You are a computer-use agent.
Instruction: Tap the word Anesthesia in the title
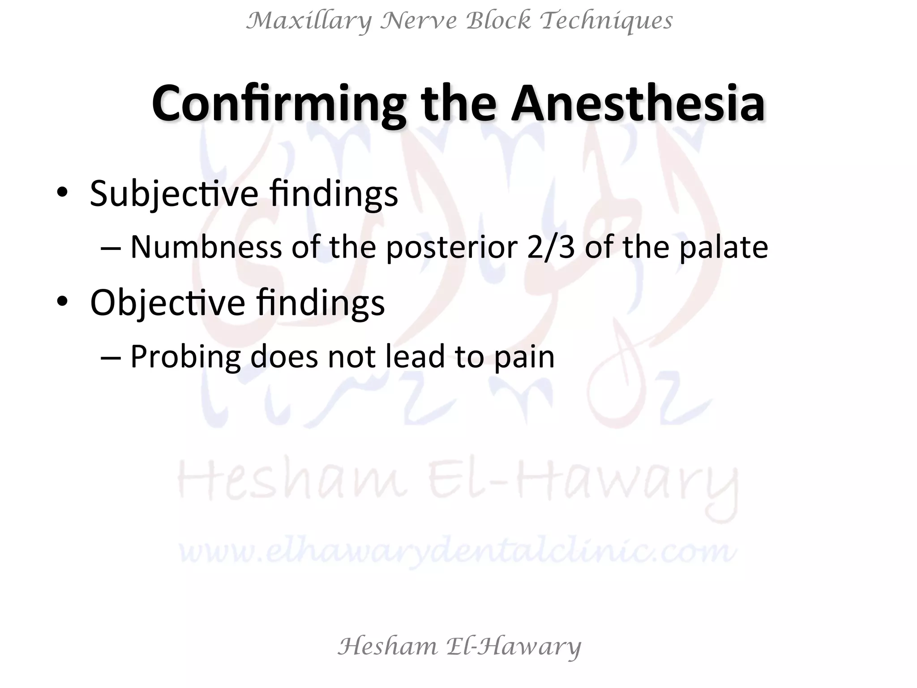click(x=638, y=104)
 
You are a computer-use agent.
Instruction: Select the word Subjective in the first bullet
click(x=174, y=193)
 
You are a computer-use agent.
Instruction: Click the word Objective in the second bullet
click(x=167, y=303)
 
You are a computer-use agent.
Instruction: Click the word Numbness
click(x=206, y=247)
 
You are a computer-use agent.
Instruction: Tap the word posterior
click(x=452, y=247)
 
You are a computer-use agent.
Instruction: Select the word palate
click(x=724, y=247)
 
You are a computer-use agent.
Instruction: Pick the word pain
click(x=524, y=357)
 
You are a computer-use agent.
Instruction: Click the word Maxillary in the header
click(x=309, y=21)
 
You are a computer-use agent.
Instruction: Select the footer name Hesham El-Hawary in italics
click(x=459, y=646)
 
